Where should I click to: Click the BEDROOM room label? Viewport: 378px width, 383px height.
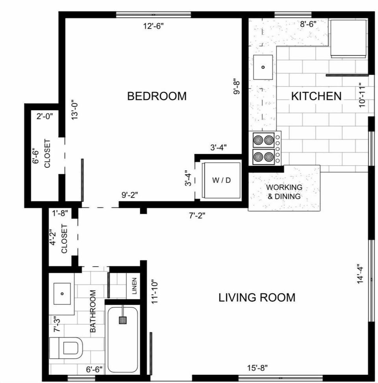(x=157, y=96)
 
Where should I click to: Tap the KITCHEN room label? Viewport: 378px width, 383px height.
(x=316, y=96)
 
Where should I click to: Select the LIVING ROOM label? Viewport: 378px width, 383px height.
(x=257, y=297)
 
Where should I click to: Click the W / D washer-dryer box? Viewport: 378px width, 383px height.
(x=221, y=180)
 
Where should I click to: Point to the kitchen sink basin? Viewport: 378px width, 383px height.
(x=263, y=67)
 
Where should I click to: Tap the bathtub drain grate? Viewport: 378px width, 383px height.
(x=123, y=320)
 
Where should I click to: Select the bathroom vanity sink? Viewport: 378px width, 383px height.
(x=62, y=293)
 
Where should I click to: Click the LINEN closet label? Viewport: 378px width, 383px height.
(x=134, y=285)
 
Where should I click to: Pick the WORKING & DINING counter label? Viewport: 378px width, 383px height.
(x=284, y=191)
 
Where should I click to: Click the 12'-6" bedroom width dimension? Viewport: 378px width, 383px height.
(x=153, y=27)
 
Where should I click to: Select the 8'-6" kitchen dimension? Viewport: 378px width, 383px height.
(x=308, y=24)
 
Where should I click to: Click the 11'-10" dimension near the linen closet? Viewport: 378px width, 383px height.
(x=154, y=291)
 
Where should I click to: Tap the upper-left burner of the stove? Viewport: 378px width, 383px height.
(x=258, y=140)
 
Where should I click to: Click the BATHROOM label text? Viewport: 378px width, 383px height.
(x=93, y=311)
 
